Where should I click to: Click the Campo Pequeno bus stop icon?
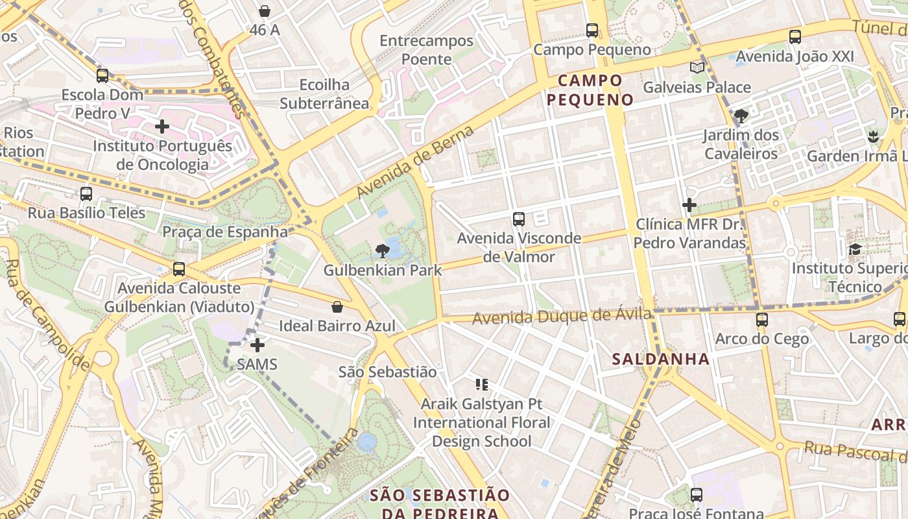(591, 30)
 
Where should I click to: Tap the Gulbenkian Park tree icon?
(383, 250)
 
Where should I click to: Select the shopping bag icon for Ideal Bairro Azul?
(337, 307)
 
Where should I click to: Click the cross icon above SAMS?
(257, 344)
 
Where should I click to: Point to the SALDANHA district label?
(660, 359)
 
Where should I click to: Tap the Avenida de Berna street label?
(415, 163)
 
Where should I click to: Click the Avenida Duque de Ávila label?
(562, 317)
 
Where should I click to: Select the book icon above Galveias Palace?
(697, 68)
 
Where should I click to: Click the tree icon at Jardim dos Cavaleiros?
(741, 117)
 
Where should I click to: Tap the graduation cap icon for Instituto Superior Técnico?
(855, 250)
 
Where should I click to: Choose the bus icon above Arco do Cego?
(761, 320)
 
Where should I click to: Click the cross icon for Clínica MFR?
(689, 206)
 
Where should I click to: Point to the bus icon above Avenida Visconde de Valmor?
(518, 219)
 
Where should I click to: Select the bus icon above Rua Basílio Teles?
(86, 194)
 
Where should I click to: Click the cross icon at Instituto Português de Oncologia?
(162, 127)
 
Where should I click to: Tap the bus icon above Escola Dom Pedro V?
(102, 76)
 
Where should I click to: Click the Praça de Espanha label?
(225, 232)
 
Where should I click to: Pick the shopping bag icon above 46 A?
(264, 11)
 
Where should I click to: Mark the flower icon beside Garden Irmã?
(872, 137)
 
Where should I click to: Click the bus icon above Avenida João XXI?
(794, 37)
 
